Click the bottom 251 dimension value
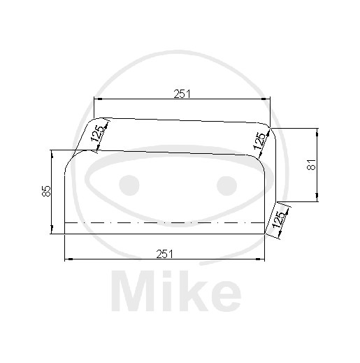tap(165, 253)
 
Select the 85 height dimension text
tap(46, 192)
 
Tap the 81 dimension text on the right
tap(312, 164)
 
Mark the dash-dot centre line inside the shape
tap(165, 223)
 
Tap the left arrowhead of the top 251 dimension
tap(97, 99)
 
